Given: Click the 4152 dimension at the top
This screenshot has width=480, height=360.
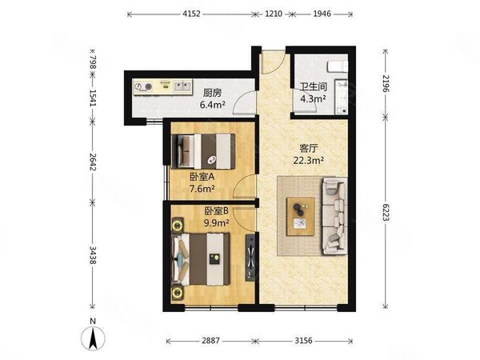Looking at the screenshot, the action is (x=191, y=14).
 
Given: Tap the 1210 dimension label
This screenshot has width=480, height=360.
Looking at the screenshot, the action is (x=274, y=14).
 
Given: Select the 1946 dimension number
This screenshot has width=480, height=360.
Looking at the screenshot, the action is (x=322, y=14).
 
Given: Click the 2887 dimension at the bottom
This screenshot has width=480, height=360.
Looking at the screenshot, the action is (x=210, y=341).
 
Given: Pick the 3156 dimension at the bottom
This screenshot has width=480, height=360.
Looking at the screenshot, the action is (x=303, y=341).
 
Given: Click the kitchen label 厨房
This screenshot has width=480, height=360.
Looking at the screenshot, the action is (x=212, y=93).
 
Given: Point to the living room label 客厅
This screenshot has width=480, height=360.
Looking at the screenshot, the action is (x=309, y=149).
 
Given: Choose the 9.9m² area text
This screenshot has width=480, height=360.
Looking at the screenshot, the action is (x=217, y=223).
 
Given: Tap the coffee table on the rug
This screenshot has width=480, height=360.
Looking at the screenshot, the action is (x=301, y=217).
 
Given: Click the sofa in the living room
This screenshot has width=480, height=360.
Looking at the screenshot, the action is (x=334, y=216).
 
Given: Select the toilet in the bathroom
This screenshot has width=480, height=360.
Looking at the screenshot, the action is (x=338, y=66).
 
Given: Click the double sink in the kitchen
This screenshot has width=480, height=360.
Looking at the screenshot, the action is (x=182, y=86).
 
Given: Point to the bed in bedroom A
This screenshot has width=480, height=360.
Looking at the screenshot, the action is (x=203, y=151).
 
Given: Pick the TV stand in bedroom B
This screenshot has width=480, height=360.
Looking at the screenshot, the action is (x=250, y=258).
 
